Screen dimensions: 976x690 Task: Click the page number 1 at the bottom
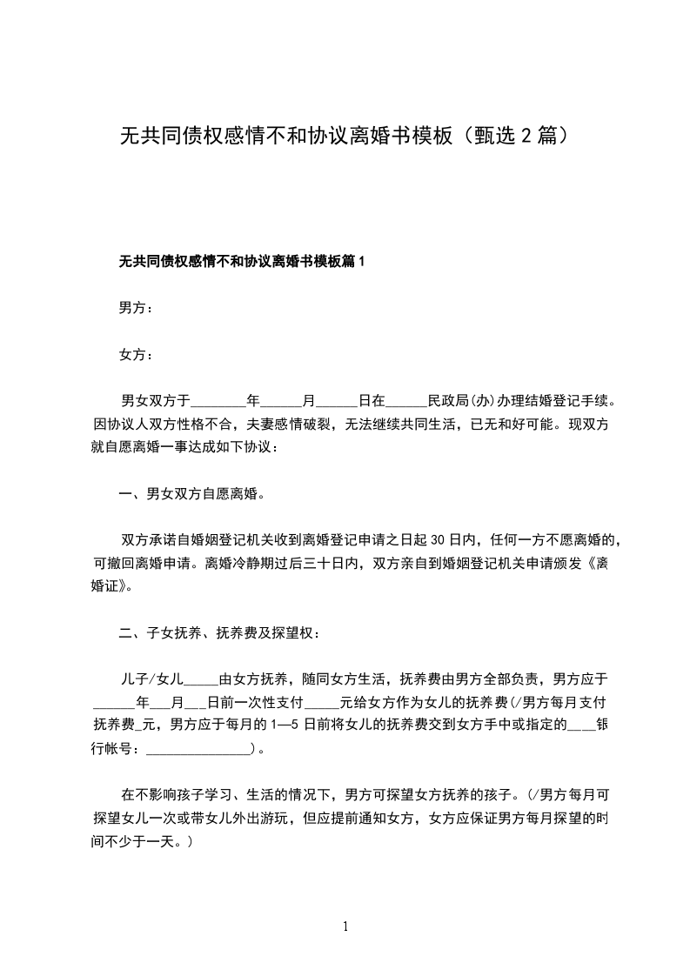345,926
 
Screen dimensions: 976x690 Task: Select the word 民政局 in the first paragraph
448,402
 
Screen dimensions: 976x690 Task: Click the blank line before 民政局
406,404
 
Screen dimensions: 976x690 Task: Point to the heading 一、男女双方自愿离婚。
191,495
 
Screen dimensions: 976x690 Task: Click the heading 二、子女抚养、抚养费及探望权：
219,632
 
